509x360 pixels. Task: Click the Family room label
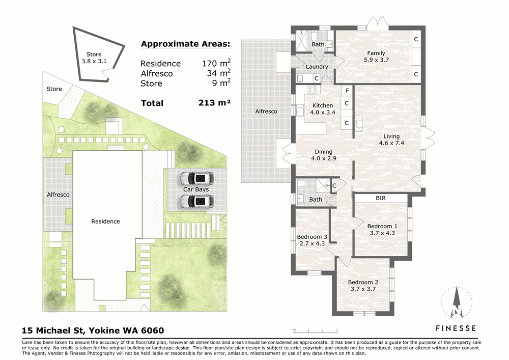click(376, 57)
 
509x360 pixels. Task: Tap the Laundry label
click(317, 67)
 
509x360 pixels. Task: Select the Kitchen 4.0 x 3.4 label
click(323, 109)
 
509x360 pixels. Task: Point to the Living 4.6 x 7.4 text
click(391, 140)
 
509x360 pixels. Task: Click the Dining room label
click(324, 155)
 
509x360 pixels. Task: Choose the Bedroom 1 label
click(382, 230)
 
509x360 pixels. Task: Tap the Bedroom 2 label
click(363, 286)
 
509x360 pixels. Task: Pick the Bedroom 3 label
click(312, 240)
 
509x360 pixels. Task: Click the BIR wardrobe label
click(380, 198)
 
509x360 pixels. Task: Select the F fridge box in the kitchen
click(347, 91)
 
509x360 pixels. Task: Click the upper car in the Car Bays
click(197, 178)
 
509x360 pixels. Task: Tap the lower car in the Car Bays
click(197, 201)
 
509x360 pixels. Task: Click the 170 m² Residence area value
click(216, 63)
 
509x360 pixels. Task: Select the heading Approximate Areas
click(185, 44)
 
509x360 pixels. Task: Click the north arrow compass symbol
click(457, 302)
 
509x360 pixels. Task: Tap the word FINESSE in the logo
click(456, 328)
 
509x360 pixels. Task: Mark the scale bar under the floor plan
click(316, 331)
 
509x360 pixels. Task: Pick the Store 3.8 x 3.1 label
click(94, 58)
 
